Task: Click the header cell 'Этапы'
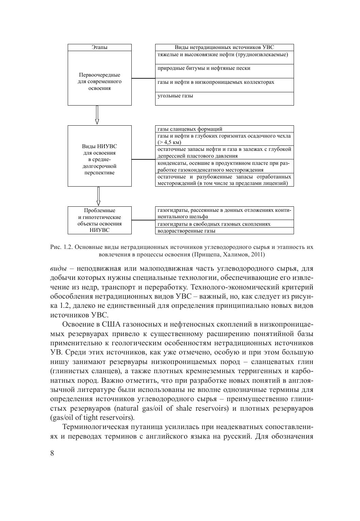pyautogui.click(x=99, y=48)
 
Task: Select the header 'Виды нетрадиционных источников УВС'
pyautogui.click(x=224, y=48)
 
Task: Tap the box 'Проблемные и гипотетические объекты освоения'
pyautogui.click(x=99, y=220)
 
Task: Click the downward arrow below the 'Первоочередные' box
pyautogui.click(x=97, y=115)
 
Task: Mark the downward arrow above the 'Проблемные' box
pyautogui.click(x=98, y=196)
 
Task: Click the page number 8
pyautogui.click(x=52, y=453)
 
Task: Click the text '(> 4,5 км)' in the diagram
pyautogui.click(x=169, y=142)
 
